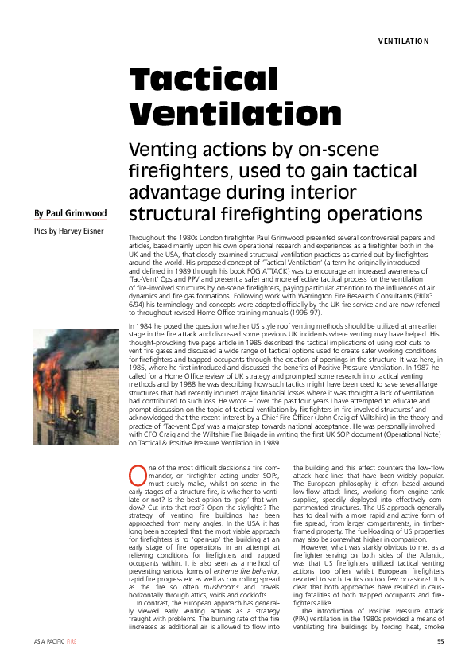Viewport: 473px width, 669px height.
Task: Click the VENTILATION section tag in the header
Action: click(403, 41)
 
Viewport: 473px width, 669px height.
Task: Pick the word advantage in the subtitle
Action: click(175, 191)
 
